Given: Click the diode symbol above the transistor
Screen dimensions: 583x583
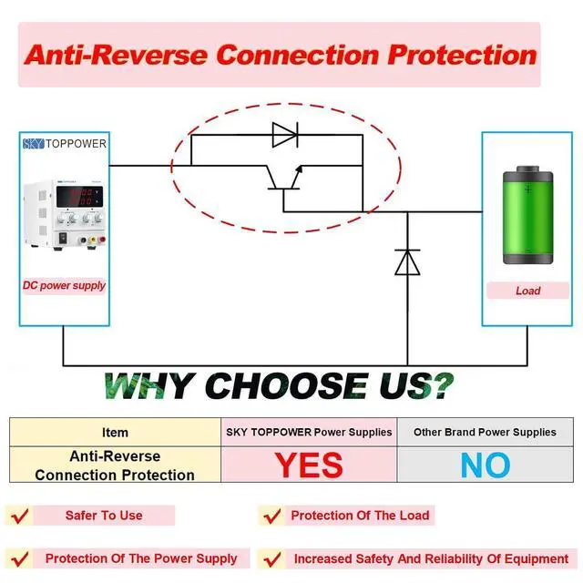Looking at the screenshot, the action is pyautogui.click(x=285, y=135).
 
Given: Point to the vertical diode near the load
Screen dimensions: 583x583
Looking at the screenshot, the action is pyautogui.click(x=407, y=262).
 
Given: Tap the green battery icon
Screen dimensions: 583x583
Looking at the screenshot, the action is pyautogui.click(x=528, y=215).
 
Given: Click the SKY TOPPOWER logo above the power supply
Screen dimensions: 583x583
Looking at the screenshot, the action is pyautogui.click(x=65, y=144).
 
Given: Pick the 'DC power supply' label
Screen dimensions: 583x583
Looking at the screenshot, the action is pyautogui.click(x=64, y=285).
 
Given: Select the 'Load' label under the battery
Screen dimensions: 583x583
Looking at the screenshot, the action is pyautogui.click(x=528, y=291).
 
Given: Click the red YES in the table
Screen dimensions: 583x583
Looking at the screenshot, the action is pyautogui.click(x=309, y=465).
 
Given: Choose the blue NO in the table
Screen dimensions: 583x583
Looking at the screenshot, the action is pyautogui.click(x=486, y=465).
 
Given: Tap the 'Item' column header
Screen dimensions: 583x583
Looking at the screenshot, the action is pyautogui.click(x=115, y=433).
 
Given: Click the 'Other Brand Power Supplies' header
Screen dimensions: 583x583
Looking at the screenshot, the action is pyautogui.click(x=485, y=432).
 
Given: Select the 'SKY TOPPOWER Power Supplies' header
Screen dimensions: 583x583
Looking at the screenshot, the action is pyautogui.click(x=309, y=432).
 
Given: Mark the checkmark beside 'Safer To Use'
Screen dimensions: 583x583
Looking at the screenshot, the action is pyautogui.click(x=20, y=516).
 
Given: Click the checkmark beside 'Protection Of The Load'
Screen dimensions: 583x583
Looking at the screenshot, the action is pyautogui.click(x=272, y=516).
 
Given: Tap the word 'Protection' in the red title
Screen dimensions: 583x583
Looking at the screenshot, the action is pyautogui.click(x=462, y=55).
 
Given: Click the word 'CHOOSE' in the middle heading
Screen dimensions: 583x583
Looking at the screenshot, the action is pyautogui.click(x=287, y=386).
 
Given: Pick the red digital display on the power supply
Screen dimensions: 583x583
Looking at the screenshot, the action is pyautogui.click(x=79, y=197).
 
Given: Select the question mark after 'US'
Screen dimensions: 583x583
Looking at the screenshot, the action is pyautogui.click(x=442, y=386).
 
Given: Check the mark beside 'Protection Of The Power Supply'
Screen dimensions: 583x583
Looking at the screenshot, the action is pyautogui.click(x=20, y=558).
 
